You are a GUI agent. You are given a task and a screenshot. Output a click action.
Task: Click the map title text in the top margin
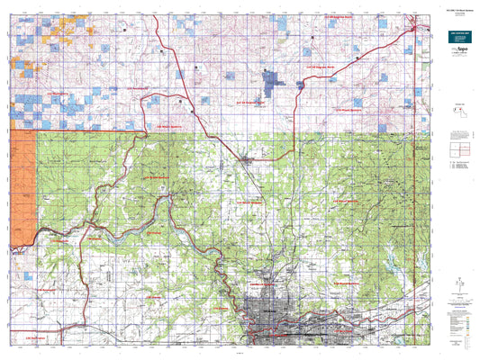tap(240, 7)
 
